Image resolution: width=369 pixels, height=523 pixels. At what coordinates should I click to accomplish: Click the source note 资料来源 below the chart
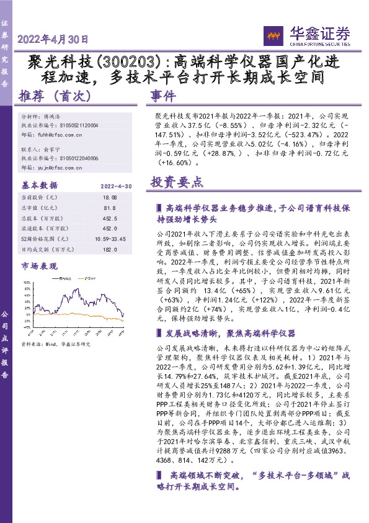pos(56,343)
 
